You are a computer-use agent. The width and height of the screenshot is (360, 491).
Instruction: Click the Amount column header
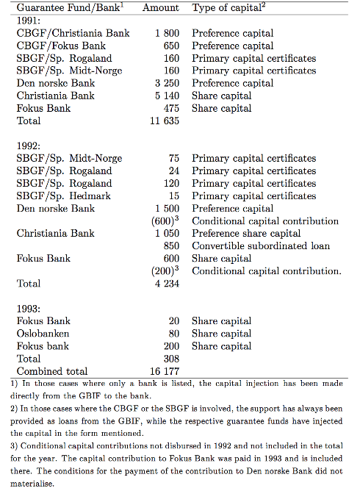pyautogui.click(x=160, y=7)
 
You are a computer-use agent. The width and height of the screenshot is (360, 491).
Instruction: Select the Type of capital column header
pyautogui.click(x=230, y=7)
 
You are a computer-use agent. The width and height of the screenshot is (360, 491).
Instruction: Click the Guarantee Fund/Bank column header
pyautogui.click(x=71, y=7)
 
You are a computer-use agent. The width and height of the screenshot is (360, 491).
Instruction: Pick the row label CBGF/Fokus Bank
pyautogui.click(x=61, y=46)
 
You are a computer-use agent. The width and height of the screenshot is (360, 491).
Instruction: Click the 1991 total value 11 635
pyautogui.click(x=165, y=121)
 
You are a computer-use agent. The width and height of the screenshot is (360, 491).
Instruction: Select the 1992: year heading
pyautogui.click(x=30, y=146)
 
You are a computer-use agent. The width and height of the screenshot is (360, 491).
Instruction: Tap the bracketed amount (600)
pyautogui.click(x=163, y=221)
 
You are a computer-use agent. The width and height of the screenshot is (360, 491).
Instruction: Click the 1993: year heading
pyautogui.click(x=30, y=308)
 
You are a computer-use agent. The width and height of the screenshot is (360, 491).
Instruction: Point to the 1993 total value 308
pyautogui.click(x=172, y=359)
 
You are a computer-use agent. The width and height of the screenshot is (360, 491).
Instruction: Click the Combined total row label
pyautogui.click(x=52, y=371)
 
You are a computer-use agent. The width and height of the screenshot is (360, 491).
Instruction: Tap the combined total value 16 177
pyautogui.click(x=165, y=371)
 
